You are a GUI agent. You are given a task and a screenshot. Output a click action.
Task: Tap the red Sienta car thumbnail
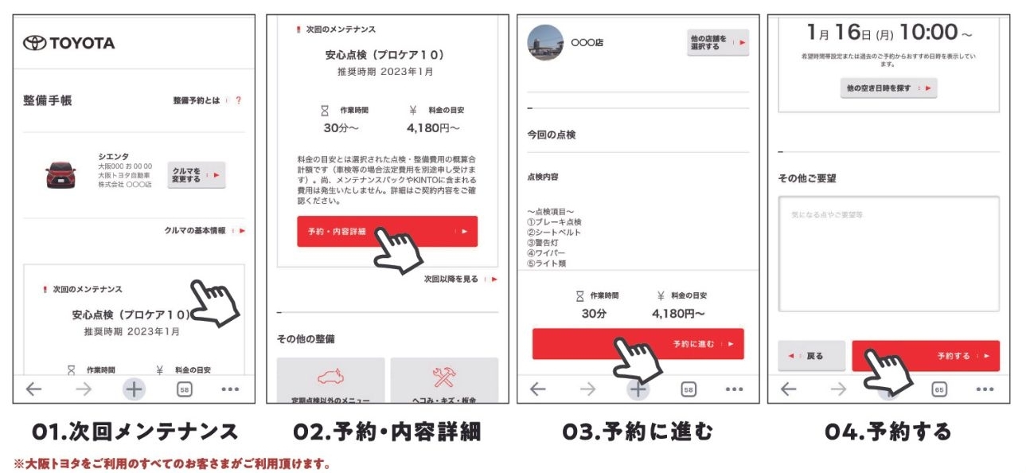(61, 174)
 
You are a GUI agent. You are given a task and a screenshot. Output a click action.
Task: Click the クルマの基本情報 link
(195, 230)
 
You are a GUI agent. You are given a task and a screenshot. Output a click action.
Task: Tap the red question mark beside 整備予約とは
(238, 101)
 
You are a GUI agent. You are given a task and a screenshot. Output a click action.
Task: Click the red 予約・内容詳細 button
(387, 232)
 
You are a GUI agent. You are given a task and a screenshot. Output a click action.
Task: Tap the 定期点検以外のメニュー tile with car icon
(330, 381)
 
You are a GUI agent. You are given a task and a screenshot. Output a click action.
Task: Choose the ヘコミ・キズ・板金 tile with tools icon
(443, 381)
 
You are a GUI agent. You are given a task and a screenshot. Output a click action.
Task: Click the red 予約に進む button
(638, 344)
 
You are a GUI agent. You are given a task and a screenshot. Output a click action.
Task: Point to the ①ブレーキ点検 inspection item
(555, 222)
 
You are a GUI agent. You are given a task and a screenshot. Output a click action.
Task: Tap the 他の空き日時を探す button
(888, 88)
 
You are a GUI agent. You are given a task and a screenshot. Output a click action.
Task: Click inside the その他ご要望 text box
(888, 253)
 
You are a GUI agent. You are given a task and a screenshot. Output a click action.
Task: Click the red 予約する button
(925, 356)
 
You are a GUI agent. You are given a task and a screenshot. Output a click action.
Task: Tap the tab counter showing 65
(938, 389)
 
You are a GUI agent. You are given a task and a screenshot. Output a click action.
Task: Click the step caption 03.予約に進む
(638, 432)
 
